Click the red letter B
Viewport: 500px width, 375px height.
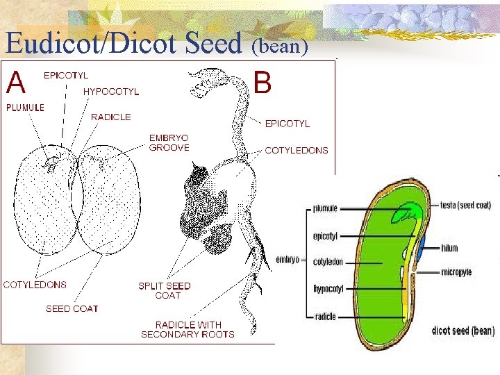(x=262, y=83)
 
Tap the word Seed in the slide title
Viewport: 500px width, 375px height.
(x=213, y=43)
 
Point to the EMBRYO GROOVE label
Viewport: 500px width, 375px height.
(x=169, y=142)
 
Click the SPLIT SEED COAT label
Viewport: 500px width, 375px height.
(x=164, y=290)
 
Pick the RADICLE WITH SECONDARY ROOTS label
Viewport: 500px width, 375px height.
(x=187, y=329)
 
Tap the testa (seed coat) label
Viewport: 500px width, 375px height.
(x=466, y=205)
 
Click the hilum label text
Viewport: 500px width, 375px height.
(x=449, y=248)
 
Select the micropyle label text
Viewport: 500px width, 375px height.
(x=456, y=272)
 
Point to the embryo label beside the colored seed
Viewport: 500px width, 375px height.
(x=287, y=260)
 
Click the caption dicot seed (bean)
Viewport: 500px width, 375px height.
(x=463, y=331)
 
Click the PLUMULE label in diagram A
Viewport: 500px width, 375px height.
(x=25, y=108)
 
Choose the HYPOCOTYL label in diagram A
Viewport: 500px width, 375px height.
(x=111, y=91)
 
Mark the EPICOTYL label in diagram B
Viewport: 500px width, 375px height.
(x=287, y=124)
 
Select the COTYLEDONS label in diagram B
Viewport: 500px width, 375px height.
(x=297, y=150)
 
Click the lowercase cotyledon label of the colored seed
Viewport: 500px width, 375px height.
(x=328, y=262)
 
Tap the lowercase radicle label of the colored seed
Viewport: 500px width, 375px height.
(x=325, y=317)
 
